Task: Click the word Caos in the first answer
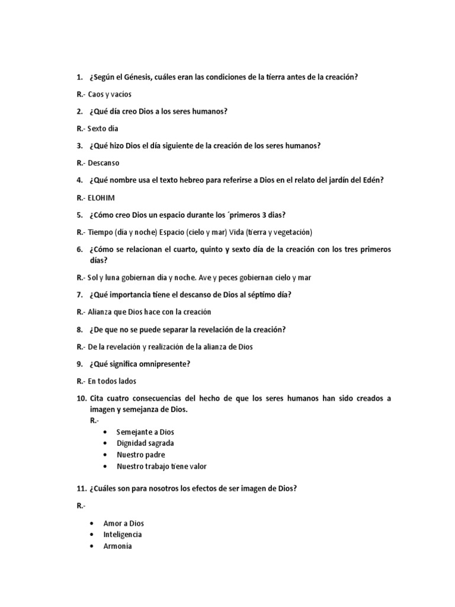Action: [x=96, y=94]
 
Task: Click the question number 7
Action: [x=79, y=295]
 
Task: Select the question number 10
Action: [x=81, y=398]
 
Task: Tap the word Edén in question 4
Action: [x=373, y=180]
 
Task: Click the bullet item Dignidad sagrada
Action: [x=145, y=443]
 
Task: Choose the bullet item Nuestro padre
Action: [x=140, y=455]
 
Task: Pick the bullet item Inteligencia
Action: [x=123, y=535]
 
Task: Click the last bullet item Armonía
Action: [x=117, y=546]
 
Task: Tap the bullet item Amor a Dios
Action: [x=123, y=523]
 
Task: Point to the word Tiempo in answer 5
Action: [x=100, y=232]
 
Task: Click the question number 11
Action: [x=81, y=488]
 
